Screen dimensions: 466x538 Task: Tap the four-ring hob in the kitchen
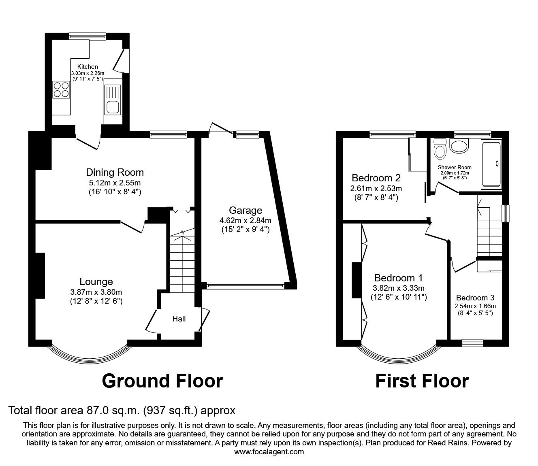(60, 89)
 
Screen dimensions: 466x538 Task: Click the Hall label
(179, 319)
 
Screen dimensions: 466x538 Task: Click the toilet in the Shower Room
(439, 149)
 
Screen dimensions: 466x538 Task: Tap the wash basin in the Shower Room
(459, 146)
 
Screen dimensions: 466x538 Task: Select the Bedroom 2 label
(376, 178)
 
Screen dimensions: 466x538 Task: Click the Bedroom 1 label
(398, 278)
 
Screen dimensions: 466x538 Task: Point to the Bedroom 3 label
(475, 297)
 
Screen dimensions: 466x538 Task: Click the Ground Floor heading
(162, 381)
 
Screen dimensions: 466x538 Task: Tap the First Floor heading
(422, 381)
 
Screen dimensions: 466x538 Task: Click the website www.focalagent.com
(269, 451)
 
